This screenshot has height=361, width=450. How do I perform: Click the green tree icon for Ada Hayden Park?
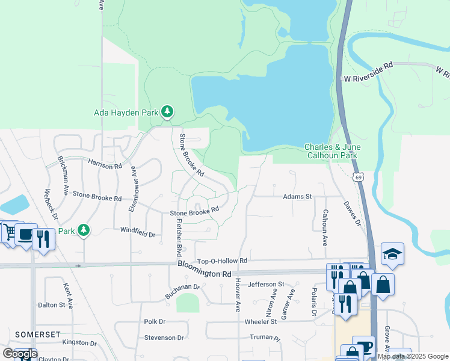tap(168, 112)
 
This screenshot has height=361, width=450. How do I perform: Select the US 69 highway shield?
tap(358, 177)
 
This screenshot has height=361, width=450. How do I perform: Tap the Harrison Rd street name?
tap(105, 163)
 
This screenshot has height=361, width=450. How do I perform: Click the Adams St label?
tap(298, 197)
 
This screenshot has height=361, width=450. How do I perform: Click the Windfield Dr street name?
tap(138, 230)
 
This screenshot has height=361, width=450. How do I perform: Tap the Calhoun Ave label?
tap(325, 227)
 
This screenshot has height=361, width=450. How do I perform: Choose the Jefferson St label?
tap(265, 284)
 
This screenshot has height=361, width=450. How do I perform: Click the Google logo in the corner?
tap(20, 354)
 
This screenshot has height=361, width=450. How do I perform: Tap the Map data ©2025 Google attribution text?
tap(413, 356)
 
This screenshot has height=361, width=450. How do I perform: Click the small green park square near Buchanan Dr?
tap(188, 303)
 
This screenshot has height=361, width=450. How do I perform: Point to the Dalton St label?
tap(51, 305)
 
